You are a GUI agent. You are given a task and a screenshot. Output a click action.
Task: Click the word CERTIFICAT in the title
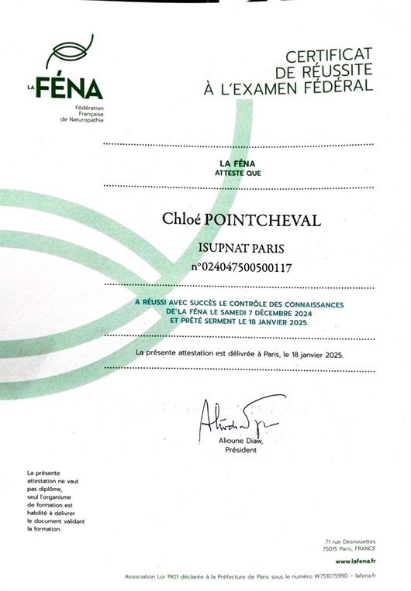(330, 56)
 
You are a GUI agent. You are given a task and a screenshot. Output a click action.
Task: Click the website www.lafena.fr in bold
(354, 560)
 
